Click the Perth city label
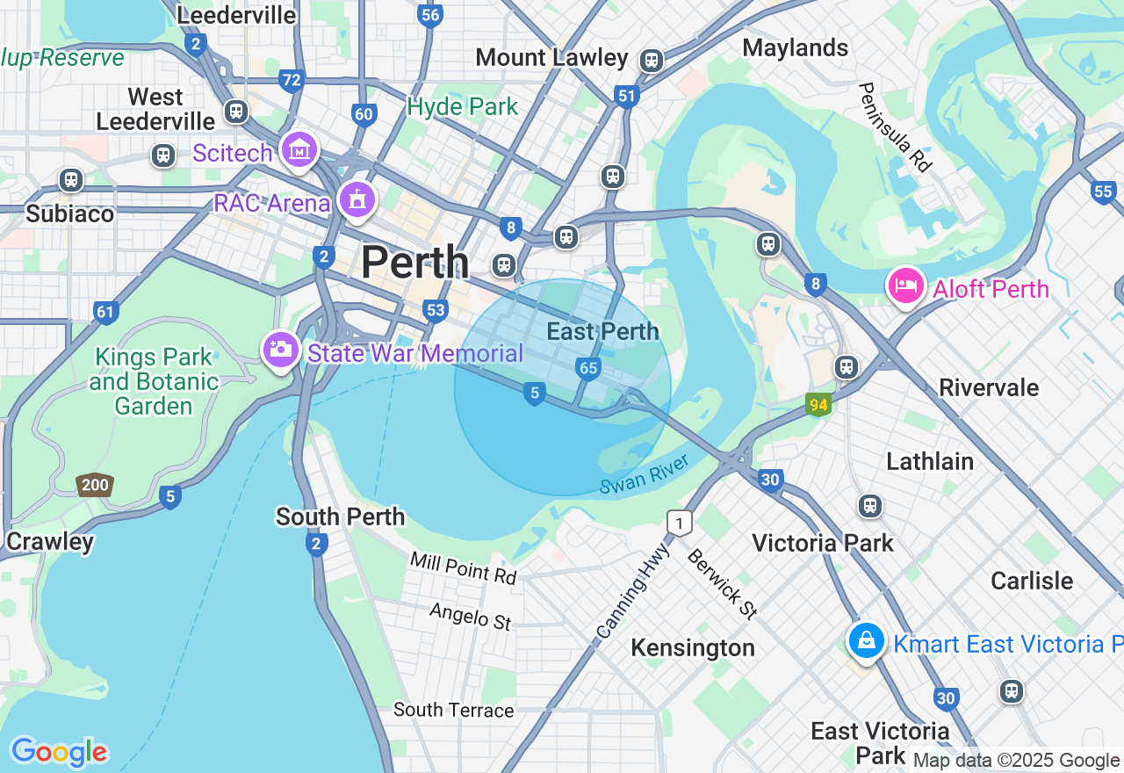pos(414,262)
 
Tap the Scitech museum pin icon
pos(299,151)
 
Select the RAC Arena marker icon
pos(357,200)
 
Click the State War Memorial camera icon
pos(280,350)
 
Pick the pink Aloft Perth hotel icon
pos(905,286)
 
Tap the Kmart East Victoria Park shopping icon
pos(866,641)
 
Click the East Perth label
pos(602,331)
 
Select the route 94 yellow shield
pos(818,404)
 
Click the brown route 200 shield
pos(94,485)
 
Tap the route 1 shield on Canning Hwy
pos(679,524)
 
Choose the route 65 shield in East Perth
pos(588,368)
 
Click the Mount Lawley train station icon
pos(651,61)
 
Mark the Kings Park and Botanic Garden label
pos(154,381)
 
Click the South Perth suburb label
pos(340,516)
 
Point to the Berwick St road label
pos(721,583)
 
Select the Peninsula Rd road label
pos(894,126)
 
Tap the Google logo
pos(59,752)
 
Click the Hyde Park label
pos(462,107)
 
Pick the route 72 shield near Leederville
pos(292,82)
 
